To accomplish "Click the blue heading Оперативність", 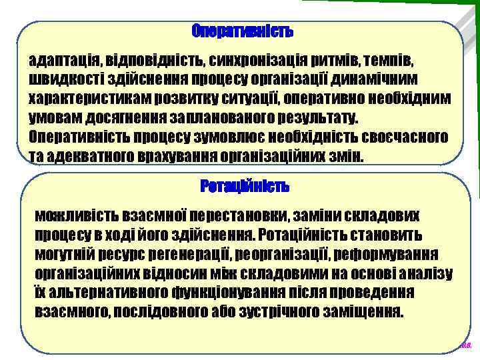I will pyautogui.click(x=242, y=31).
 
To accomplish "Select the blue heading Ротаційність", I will pyautogui.click(x=245, y=187).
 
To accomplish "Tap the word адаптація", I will pyautogui.click(x=61, y=61).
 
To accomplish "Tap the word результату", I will pyautogui.click(x=315, y=118).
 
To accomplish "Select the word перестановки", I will pyautogui.click(x=240, y=216).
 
